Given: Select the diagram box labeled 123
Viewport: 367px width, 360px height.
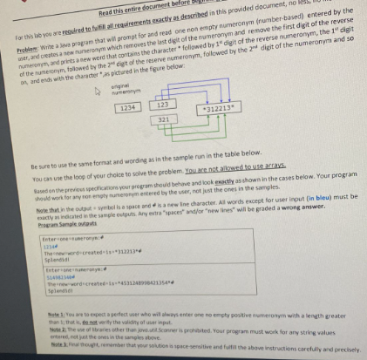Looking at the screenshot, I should click(167, 105).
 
